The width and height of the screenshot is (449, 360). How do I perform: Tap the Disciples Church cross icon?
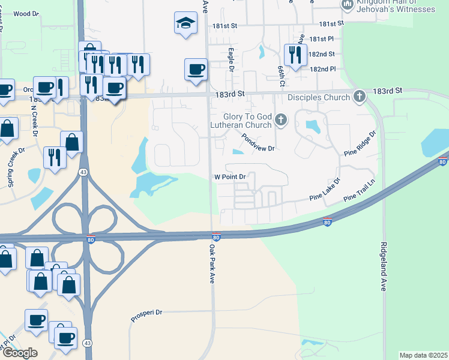359,97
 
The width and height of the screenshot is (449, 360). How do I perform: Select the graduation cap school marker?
186,23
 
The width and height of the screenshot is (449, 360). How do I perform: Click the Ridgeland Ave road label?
382,267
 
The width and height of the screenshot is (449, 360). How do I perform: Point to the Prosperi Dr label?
147,313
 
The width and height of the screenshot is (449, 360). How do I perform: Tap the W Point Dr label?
231,177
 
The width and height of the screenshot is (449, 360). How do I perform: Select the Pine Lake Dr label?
325,189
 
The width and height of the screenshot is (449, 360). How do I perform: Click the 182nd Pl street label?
322,69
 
